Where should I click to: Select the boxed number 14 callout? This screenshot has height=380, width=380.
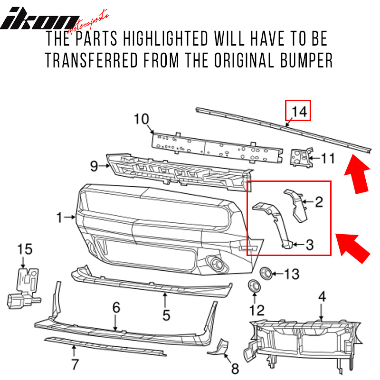[297, 111]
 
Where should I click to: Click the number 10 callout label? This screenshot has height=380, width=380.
[141, 119]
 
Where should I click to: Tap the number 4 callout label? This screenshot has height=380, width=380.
[322, 297]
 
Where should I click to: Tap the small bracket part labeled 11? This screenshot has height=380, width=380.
[300, 157]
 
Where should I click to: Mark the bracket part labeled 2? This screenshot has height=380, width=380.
[296, 204]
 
